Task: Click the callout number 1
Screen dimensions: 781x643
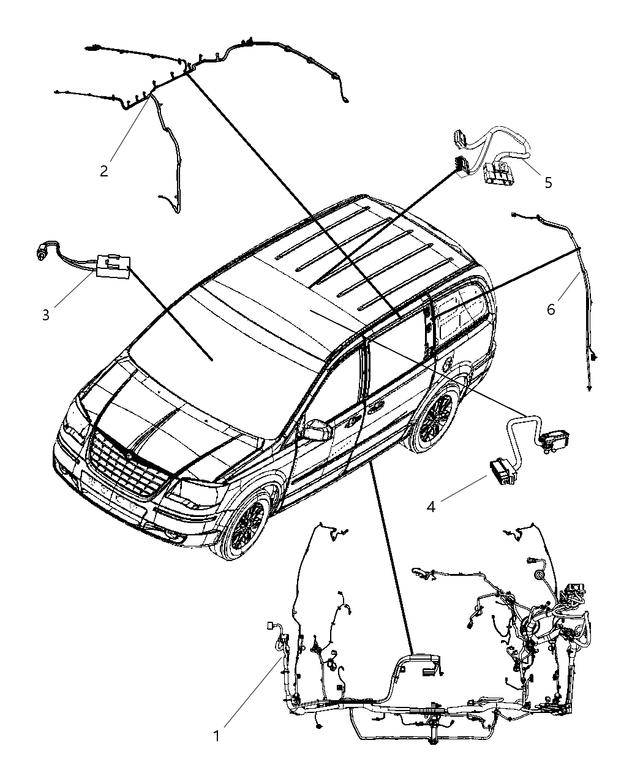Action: [216, 736]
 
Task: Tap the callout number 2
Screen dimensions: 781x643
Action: [104, 170]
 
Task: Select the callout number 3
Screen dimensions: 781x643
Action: [46, 315]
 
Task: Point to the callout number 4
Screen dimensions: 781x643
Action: [431, 507]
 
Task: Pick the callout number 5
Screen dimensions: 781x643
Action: [548, 182]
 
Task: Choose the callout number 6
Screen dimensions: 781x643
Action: [551, 309]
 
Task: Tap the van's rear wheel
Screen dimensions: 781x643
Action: [436, 421]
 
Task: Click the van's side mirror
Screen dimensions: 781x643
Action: [316, 430]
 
